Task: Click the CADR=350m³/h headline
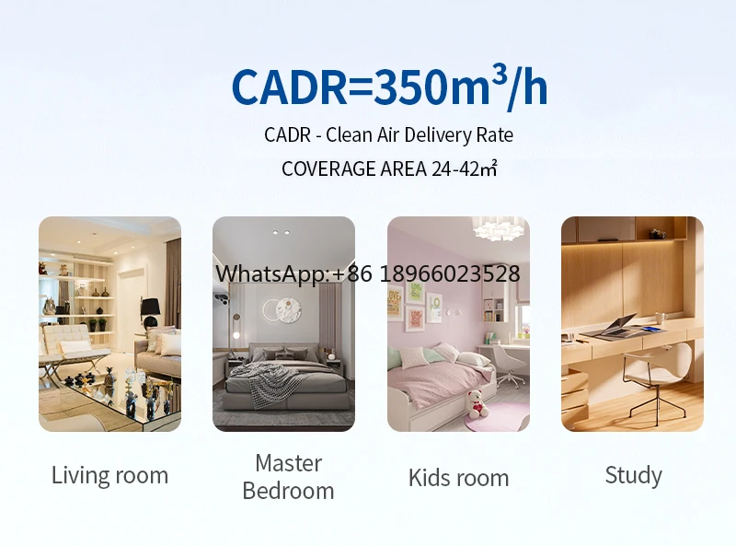pos(389,87)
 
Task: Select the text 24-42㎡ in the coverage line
pos(464,168)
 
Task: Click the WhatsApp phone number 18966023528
pos(450,273)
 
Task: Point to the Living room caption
pos(109,475)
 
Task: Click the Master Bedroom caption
pos(288,477)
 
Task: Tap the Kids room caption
pos(458,478)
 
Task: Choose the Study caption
pos(633,475)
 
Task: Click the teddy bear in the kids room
pos(477,404)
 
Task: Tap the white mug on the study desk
pos(661,318)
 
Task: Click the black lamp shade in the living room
pos(150,308)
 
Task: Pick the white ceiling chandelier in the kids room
pos(499,228)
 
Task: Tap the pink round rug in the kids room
pos(497,416)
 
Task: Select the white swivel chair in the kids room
pos(508,366)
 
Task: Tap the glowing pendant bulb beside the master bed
pos(236,335)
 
